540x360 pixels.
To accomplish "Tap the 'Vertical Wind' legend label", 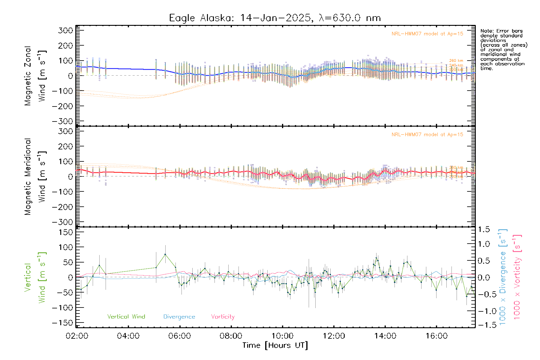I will pos(126,316).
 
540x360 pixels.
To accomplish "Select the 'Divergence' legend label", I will pos(179,316).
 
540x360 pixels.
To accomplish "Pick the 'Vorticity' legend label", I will pos(223,316).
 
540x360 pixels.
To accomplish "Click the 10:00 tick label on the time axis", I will pos(282,336).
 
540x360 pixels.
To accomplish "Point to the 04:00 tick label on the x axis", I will pos(128,336).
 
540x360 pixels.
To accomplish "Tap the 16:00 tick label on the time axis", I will pos(436,336).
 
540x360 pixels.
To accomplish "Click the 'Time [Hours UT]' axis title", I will pos(275,345).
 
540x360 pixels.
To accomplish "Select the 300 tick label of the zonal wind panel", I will pos(65,30).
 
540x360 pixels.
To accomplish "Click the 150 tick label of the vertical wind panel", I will pos(65,232).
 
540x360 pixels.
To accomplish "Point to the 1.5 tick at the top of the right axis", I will pos(484,229).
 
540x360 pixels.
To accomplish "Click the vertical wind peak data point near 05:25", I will pos(165,254).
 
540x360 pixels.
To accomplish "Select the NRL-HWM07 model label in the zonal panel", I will pos(427,34).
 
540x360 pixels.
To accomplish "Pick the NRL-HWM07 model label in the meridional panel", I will pos(427,135).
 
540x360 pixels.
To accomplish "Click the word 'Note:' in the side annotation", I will pos(487,31).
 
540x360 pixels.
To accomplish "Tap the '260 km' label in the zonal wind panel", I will pos(456,61).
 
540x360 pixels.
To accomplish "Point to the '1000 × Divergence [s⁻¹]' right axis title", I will pos(503,277).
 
